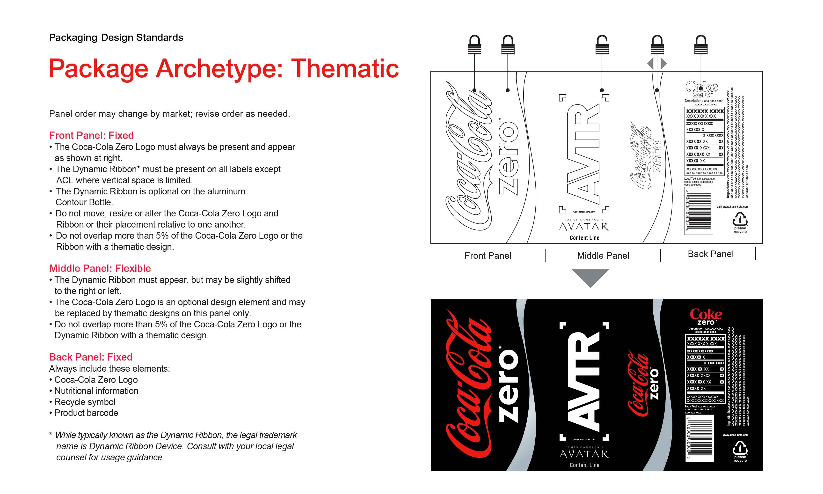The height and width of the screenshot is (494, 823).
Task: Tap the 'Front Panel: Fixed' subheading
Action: (x=91, y=135)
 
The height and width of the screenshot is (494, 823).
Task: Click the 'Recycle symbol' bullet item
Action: (x=85, y=402)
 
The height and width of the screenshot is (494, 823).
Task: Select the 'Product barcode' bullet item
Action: (x=86, y=413)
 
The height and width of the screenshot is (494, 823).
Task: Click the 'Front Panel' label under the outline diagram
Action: (x=488, y=256)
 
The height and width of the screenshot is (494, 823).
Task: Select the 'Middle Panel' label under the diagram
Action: (x=603, y=256)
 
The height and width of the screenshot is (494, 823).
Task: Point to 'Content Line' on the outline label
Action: (x=584, y=238)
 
